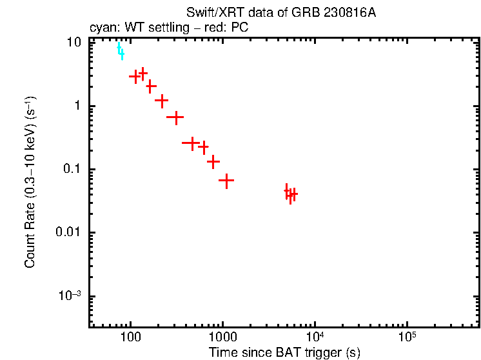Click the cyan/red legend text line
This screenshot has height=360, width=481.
click(x=168, y=28)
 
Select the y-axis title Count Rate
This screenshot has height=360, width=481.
click(x=30, y=182)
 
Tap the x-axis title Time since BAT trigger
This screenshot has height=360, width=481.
click(x=284, y=352)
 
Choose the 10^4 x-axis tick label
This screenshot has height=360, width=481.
click(x=315, y=337)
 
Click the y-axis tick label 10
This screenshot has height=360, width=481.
click(x=74, y=43)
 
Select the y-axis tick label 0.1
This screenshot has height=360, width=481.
click(x=72, y=169)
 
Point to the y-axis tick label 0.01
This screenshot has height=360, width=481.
click(x=69, y=232)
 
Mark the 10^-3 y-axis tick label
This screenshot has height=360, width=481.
click(x=70, y=295)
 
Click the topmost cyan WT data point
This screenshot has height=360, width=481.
click(x=119, y=46)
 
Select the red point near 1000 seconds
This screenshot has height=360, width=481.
click(x=226, y=181)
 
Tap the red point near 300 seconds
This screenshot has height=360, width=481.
click(x=175, y=117)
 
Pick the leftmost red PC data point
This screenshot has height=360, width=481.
click(x=135, y=76)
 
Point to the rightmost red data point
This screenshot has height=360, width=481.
click(x=294, y=193)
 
